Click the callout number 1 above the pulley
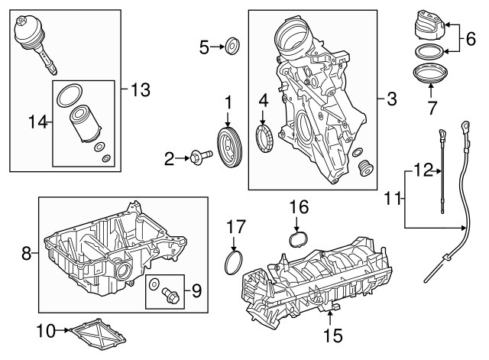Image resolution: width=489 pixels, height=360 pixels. [x=227, y=102]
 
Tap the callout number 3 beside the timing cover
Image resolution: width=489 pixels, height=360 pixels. [x=391, y=99]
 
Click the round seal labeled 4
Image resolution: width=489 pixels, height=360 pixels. [x=264, y=142]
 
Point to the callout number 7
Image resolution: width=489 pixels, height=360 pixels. [x=432, y=107]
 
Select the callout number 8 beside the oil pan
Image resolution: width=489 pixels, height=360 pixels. [x=27, y=254]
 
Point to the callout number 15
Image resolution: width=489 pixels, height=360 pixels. [x=332, y=334]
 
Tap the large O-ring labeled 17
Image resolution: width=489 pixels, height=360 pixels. [x=233, y=261]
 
